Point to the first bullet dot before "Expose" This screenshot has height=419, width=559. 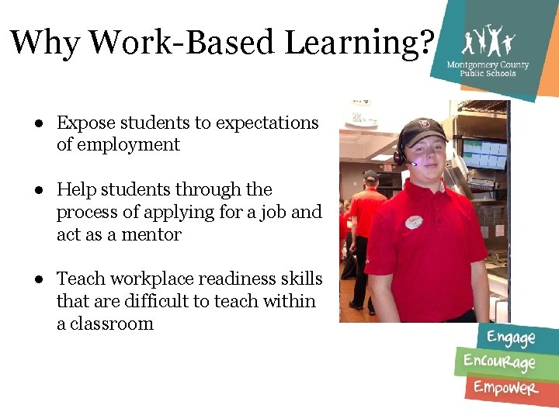click(38, 123)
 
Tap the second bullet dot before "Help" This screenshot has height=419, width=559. click(38, 190)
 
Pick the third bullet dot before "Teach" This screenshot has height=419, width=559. click(38, 279)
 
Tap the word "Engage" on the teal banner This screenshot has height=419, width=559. click(511, 338)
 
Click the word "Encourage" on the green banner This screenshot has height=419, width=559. click(499, 362)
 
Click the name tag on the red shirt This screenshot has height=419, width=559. click(414, 221)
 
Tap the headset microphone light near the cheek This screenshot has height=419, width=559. click(414, 164)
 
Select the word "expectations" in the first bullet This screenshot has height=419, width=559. click(266, 123)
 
